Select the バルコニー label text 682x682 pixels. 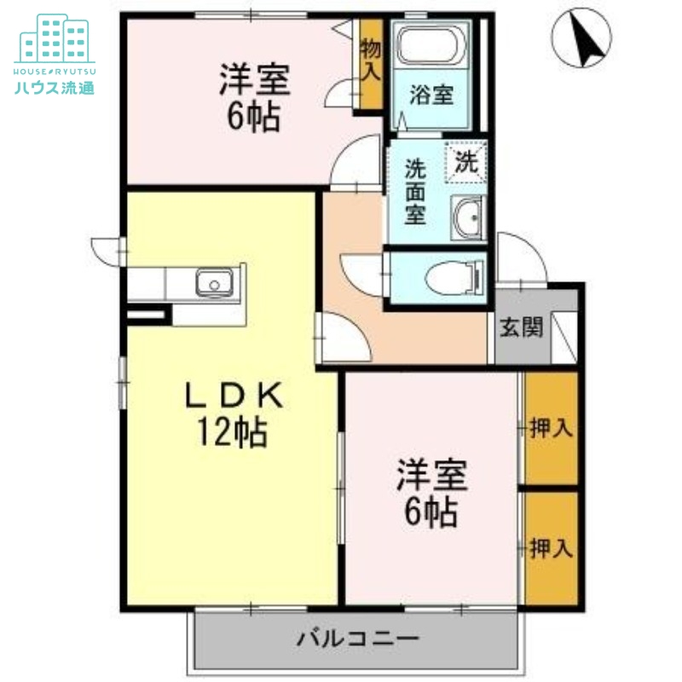[x=358, y=638]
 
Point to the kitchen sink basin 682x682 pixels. [x=213, y=280]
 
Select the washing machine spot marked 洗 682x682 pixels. [x=465, y=159]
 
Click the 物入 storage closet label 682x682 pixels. [x=370, y=59]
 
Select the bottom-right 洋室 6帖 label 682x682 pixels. [x=431, y=494]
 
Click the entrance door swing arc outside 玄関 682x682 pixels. [x=518, y=256]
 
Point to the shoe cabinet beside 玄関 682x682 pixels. [x=564, y=328]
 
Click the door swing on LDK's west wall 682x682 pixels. [x=108, y=252]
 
